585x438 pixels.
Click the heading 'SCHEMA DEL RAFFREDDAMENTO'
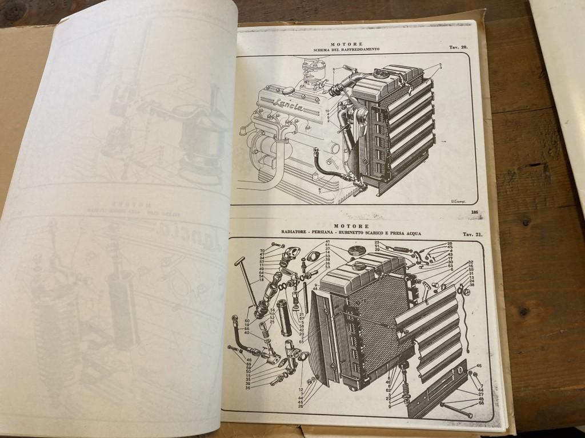tap(346, 50)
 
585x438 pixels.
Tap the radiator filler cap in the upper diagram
tap(380, 74)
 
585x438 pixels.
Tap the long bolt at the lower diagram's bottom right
tap(456, 409)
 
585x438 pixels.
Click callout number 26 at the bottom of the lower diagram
tap(300, 406)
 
